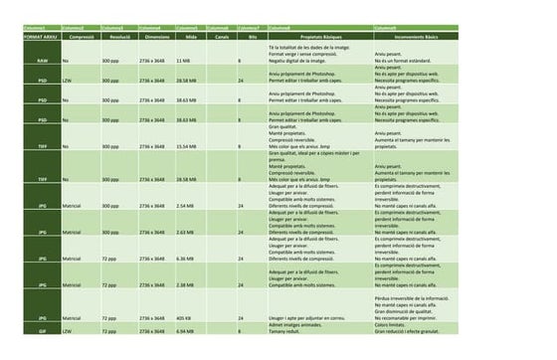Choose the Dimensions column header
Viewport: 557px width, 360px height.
155,35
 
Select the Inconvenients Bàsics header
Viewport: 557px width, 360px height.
417,35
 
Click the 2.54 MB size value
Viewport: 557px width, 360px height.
184,206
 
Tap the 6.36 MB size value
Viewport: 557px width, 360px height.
184,258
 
